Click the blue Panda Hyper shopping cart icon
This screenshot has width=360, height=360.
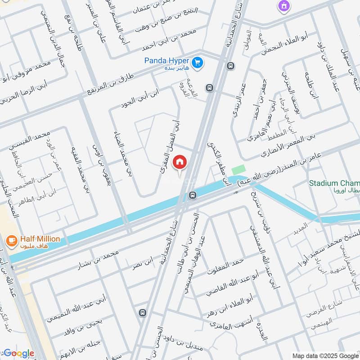point(197,63)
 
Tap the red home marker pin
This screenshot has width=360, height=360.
point(180,162)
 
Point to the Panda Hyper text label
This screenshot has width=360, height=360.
point(166,60)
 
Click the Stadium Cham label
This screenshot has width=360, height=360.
point(334,183)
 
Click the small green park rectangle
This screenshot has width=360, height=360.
point(238,171)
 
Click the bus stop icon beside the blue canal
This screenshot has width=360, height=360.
point(193,195)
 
